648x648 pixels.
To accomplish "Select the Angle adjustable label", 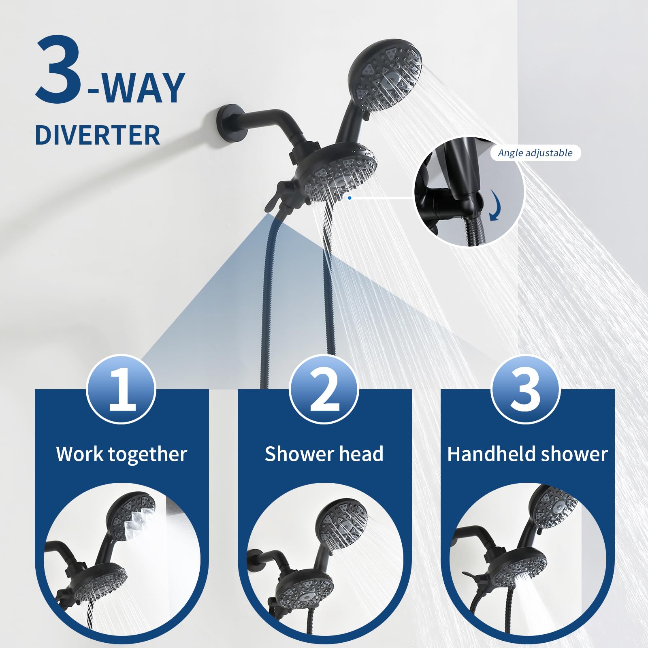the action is (535, 153).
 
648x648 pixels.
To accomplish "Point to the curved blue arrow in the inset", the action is (495, 206).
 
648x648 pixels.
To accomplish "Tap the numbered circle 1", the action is (121, 389).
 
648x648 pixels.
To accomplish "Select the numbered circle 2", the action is (324, 389).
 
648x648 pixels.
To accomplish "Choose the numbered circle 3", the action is (525, 389).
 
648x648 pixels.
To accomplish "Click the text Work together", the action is (122, 454).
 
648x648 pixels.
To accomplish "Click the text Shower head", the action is (324, 454).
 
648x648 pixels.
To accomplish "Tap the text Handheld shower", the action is (527, 454).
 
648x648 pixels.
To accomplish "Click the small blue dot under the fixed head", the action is (350, 198).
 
